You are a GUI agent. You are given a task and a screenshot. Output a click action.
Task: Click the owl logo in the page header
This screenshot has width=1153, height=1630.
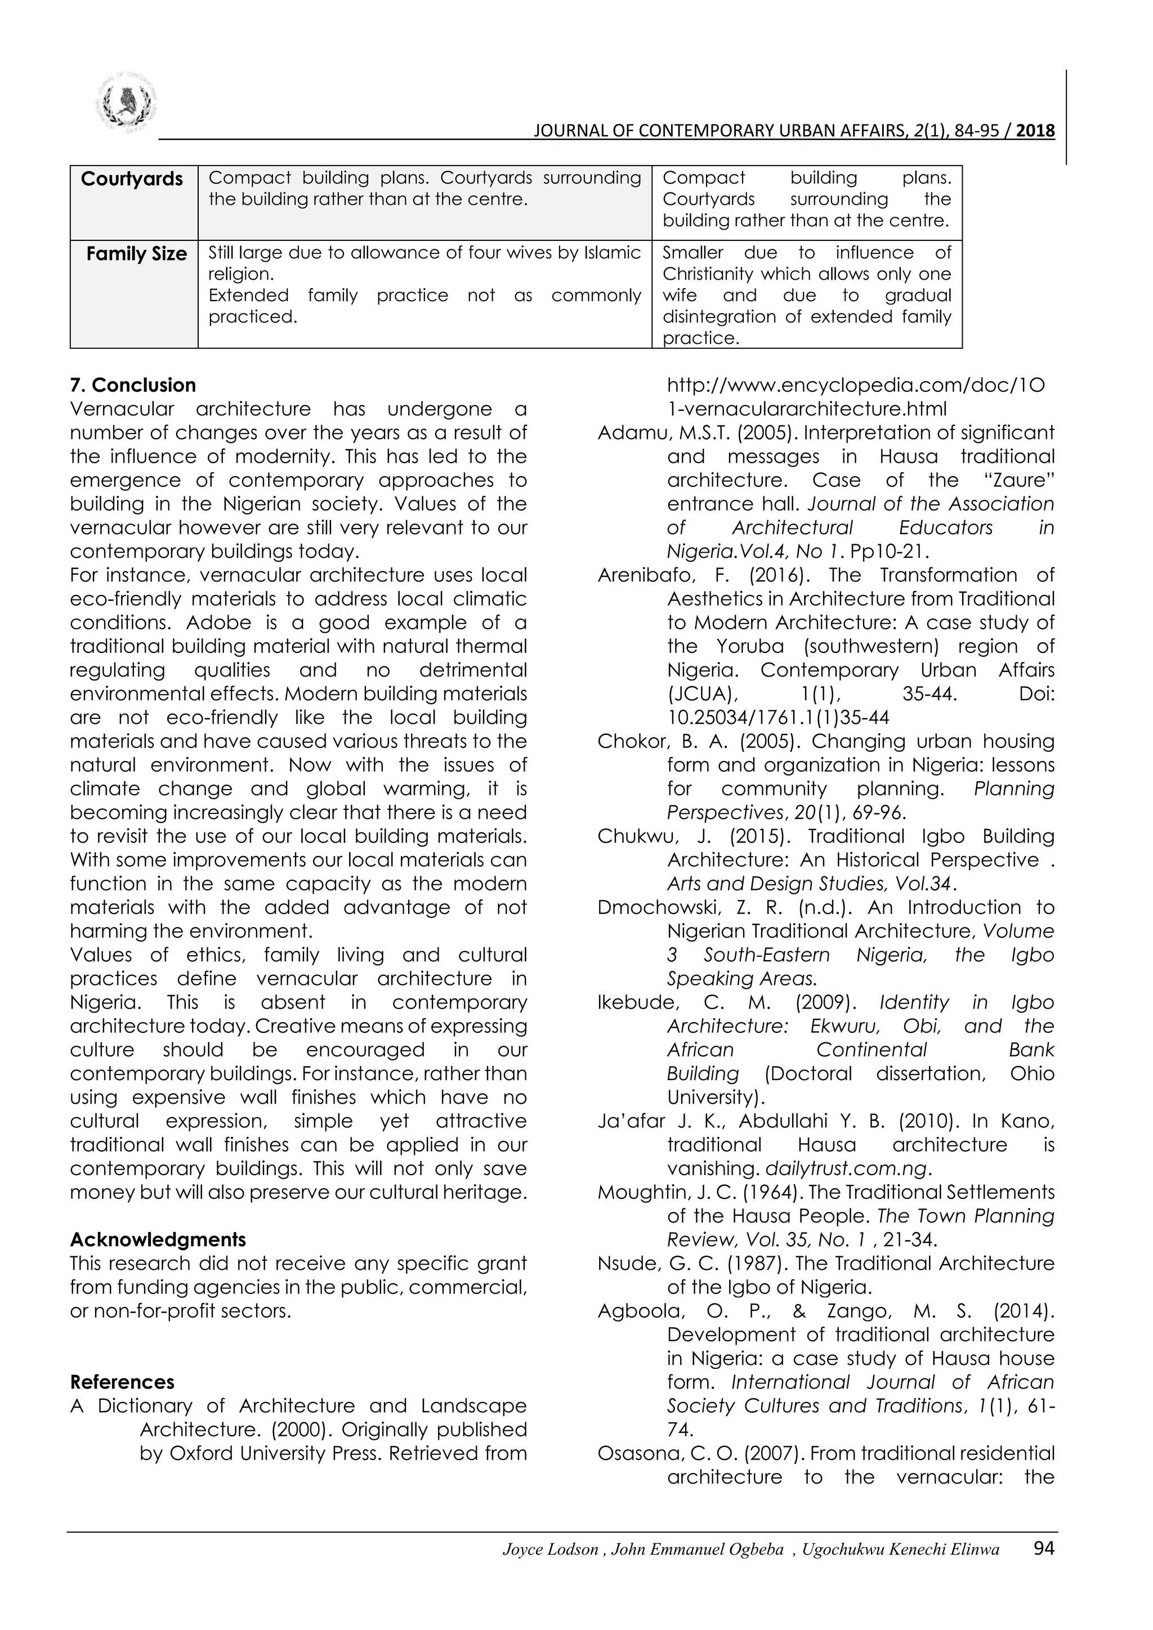click(x=126, y=103)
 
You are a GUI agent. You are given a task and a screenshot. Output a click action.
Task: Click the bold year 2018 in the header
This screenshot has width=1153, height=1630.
click(x=1035, y=131)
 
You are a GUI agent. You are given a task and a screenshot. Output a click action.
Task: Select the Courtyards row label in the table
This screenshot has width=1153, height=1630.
click(x=132, y=179)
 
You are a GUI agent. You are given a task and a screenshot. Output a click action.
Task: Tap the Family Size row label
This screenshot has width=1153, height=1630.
click(x=136, y=253)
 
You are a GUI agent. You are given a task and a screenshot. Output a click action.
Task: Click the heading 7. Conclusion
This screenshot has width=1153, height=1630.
click(x=133, y=386)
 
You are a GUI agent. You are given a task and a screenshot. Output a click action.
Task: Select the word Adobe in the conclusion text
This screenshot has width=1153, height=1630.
click(x=218, y=623)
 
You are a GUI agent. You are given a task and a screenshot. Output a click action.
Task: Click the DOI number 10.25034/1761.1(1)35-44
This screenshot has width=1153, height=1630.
click(x=778, y=718)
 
